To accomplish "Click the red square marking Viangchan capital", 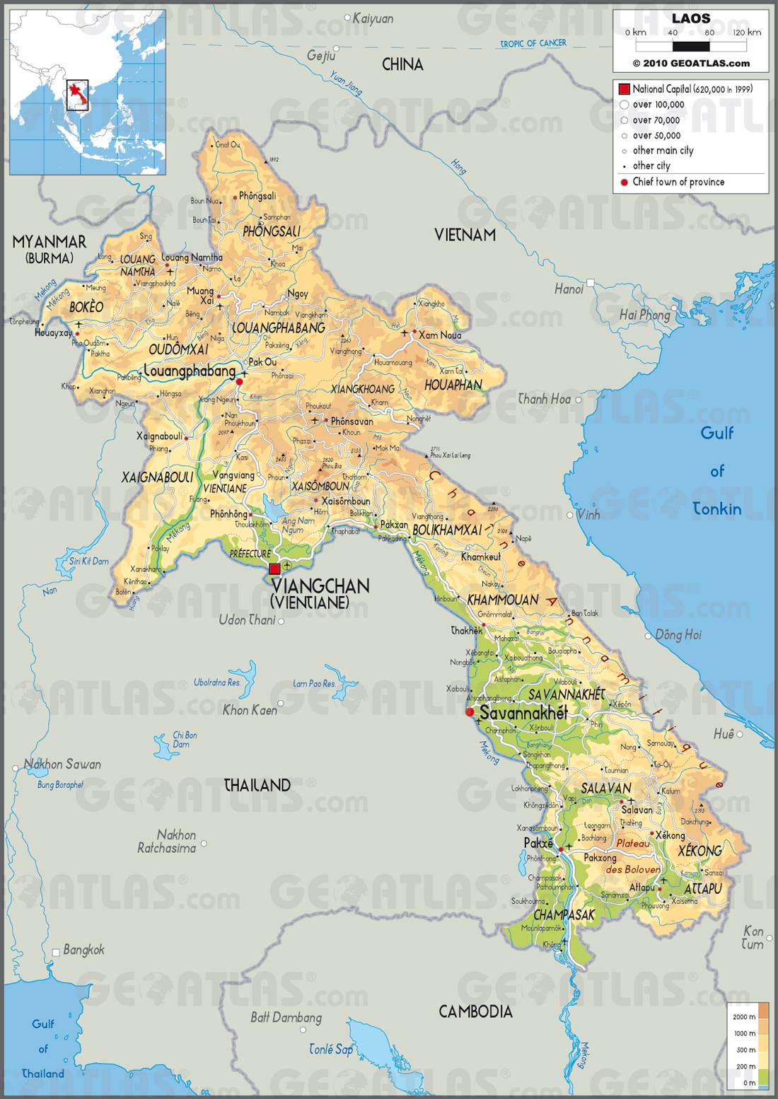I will [x=274, y=569].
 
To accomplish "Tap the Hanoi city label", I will [x=569, y=289].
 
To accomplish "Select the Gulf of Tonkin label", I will [x=716, y=470].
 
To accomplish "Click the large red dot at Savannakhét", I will [x=470, y=711].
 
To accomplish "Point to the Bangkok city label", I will [x=83, y=950].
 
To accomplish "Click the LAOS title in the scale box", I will [x=690, y=18].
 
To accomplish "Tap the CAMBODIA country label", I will [x=475, y=1011].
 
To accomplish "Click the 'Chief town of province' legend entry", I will [x=678, y=182].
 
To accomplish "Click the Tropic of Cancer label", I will [x=533, y=44].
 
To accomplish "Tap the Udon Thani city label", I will [x=247, y=620].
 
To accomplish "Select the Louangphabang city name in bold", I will [x=189, y=371].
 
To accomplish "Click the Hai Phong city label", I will [x=644, y=315].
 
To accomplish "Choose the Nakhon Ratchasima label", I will [x=166, y=841].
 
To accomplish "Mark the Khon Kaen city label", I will [x=250, y=709].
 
